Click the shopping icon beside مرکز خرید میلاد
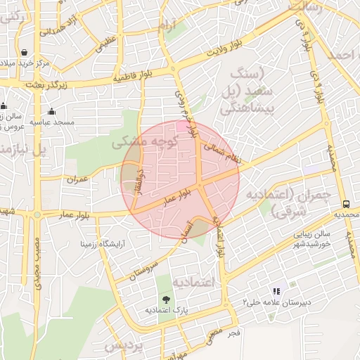(x=24, y=52)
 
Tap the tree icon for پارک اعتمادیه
(x=166, y=300)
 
